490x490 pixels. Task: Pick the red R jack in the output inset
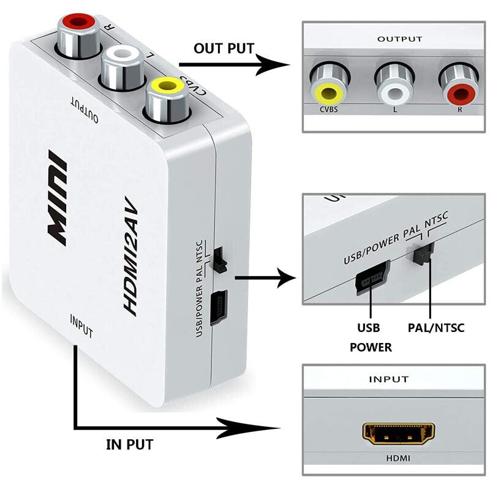[459, 92]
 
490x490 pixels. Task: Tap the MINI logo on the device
[59, 200]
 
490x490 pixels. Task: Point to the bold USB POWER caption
[371, 337]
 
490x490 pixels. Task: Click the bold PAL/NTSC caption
[435, 328]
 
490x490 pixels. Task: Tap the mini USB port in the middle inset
[370, 278]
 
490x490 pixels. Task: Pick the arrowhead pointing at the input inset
[269, 427]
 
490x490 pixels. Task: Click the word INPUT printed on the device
[81, 327]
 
